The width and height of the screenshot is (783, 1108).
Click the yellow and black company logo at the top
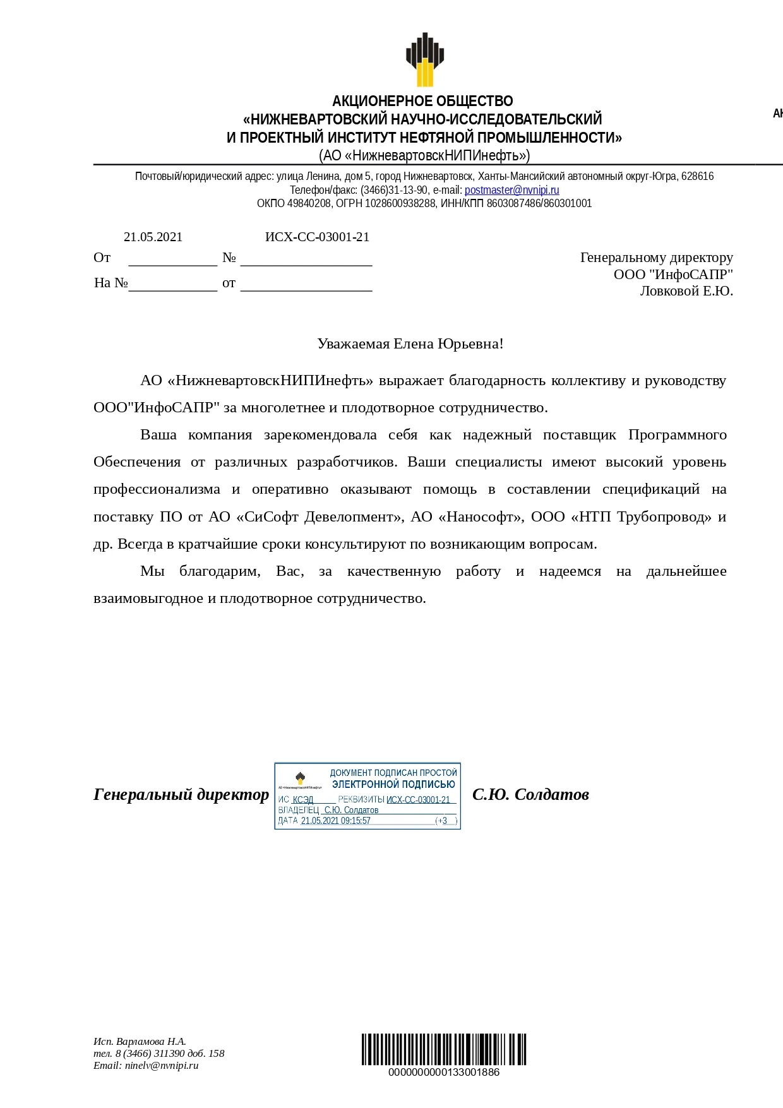click(424, 59)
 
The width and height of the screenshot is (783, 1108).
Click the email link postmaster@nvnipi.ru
click(511, 190)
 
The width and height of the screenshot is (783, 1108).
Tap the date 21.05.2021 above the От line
click(153, 237)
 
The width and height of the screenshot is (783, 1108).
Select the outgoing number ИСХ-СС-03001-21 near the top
click(317, 237)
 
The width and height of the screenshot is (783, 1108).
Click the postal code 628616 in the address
click(697, 176)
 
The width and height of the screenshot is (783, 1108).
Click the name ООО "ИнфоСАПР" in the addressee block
click(673, 275)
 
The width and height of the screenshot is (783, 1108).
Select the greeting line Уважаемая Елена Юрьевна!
click(410, 344)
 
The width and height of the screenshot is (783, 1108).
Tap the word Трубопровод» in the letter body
click(664, 517)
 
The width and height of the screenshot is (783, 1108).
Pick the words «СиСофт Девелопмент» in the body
click(320, 517)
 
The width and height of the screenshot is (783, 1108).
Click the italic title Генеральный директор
click(181, 794)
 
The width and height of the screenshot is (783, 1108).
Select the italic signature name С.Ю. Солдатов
click(530, 794)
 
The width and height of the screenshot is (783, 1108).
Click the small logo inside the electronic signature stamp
click(301, 778)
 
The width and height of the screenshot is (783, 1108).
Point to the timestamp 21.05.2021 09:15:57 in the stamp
click(335, 821)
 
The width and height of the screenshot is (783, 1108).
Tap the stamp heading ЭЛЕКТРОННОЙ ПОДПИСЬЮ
click(393, 784)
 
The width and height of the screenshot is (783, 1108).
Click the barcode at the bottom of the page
click(443, 1050)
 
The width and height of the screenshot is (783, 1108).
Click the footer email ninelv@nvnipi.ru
click(162, 1066)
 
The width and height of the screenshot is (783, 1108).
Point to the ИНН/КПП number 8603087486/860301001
click(539, 203)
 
